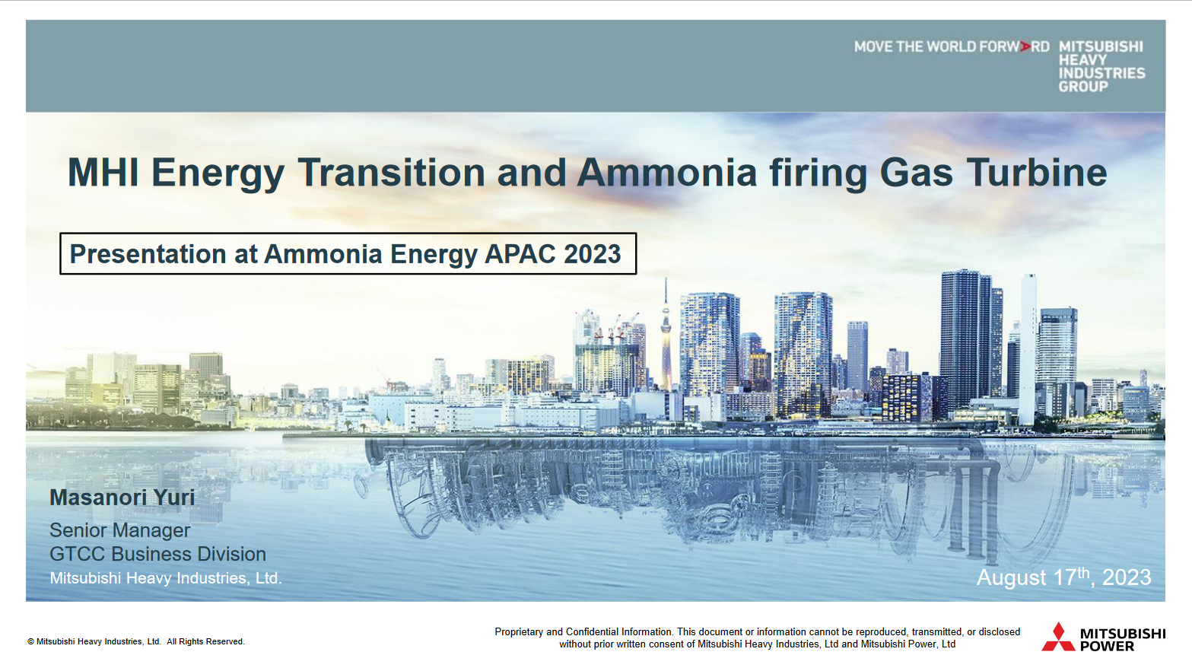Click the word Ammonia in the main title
pyautogui.click(x=666, y=173)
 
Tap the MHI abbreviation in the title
pyautogui.click(x=103, y=173)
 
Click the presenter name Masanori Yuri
pyautogui.click(x=122, y=498)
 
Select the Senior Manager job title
pyautogui.click(x=119, y=530)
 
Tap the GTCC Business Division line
pyautogui.click(x=157, y=554)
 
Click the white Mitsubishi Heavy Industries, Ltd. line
pyautogui.click(x=165, y=578)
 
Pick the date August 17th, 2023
pyautogui.click(x=1063, y=577)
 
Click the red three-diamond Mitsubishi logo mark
pyautogui.click(x=1057, y=638)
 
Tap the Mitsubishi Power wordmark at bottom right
pyautogui.click(x=1122, y=640)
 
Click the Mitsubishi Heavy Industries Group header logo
pyautogui.click(x=1101, y=66)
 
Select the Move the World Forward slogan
pyautogui.click(x=951, y=47)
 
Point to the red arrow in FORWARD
pyautogui.click(x=1025, y=47)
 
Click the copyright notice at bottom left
pyautogui.click(x=136, y=642)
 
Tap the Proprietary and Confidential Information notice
pyautogui.click(x=757, y=638)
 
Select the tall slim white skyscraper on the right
pyautogui.click(x=1028, y=346)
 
